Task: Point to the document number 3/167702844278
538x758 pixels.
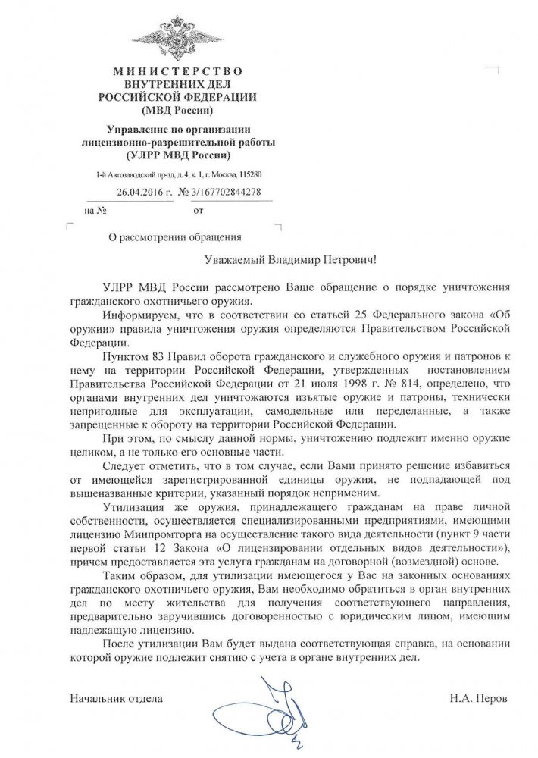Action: [226, 192]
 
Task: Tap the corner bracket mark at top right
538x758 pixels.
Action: [493, 71]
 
